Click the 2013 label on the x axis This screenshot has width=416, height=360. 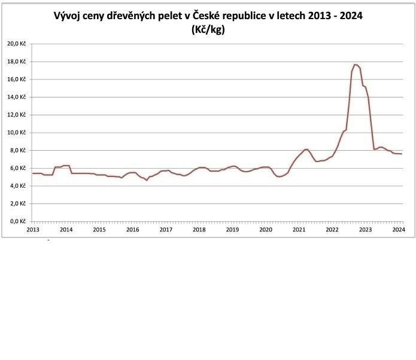pyautogui.click(x=33, y=229)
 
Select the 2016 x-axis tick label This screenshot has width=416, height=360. pyautogui.click(x=132, y=229)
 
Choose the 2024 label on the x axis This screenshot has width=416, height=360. pyautogui.click(x=397, y=229)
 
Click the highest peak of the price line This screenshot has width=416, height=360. pyautogui.click(x=355, y=64)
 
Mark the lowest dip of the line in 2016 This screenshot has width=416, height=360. pyautogui.click(x=147, y=180)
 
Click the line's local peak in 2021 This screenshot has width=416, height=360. pyautogui.click(x=306, y=149)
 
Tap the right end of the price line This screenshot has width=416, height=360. pyautogui.click(x=402, y=154)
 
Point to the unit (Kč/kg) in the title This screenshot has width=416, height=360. pyautogui.click(x=208, y=30)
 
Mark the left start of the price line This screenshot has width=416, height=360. pyautogui.click(x=32, y=173)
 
